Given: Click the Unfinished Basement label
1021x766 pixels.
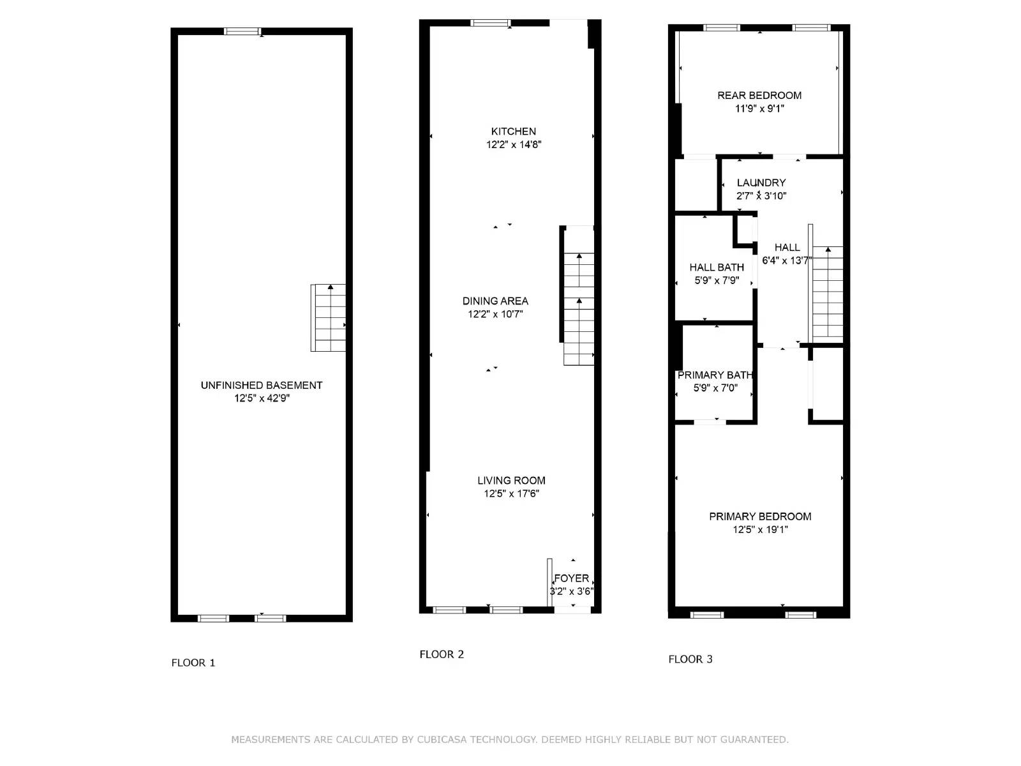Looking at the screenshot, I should pos(262,385).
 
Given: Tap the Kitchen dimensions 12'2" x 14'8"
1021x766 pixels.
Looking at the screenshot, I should pos(514,145).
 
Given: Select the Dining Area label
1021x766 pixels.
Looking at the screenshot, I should pos(495,301).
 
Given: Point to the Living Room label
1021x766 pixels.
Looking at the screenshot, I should pos(511,480).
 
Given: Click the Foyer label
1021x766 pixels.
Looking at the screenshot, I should pos(571,578).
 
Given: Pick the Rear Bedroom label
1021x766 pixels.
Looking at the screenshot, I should pos(759,95).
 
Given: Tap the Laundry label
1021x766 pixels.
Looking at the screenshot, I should pos(761,183).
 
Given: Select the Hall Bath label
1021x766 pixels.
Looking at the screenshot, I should pos(717,267).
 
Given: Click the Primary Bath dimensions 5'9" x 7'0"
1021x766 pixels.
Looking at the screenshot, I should pos(715,388).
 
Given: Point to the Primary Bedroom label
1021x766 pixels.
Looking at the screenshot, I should pos(760,516).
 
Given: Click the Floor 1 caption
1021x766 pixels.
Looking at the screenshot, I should pos(193,663).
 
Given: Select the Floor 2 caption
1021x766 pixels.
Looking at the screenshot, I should pos(442,654).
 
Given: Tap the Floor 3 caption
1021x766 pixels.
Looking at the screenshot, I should pos(690,659).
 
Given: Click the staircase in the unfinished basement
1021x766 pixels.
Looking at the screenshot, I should pos(329,318).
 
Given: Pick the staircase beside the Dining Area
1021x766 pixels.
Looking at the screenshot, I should pos(579,306).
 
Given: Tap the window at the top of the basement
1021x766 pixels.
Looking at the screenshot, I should pos(242,31).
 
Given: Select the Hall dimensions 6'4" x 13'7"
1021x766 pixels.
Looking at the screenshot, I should pos(787,260).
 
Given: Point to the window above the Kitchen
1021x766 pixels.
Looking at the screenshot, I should pos(490,24).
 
